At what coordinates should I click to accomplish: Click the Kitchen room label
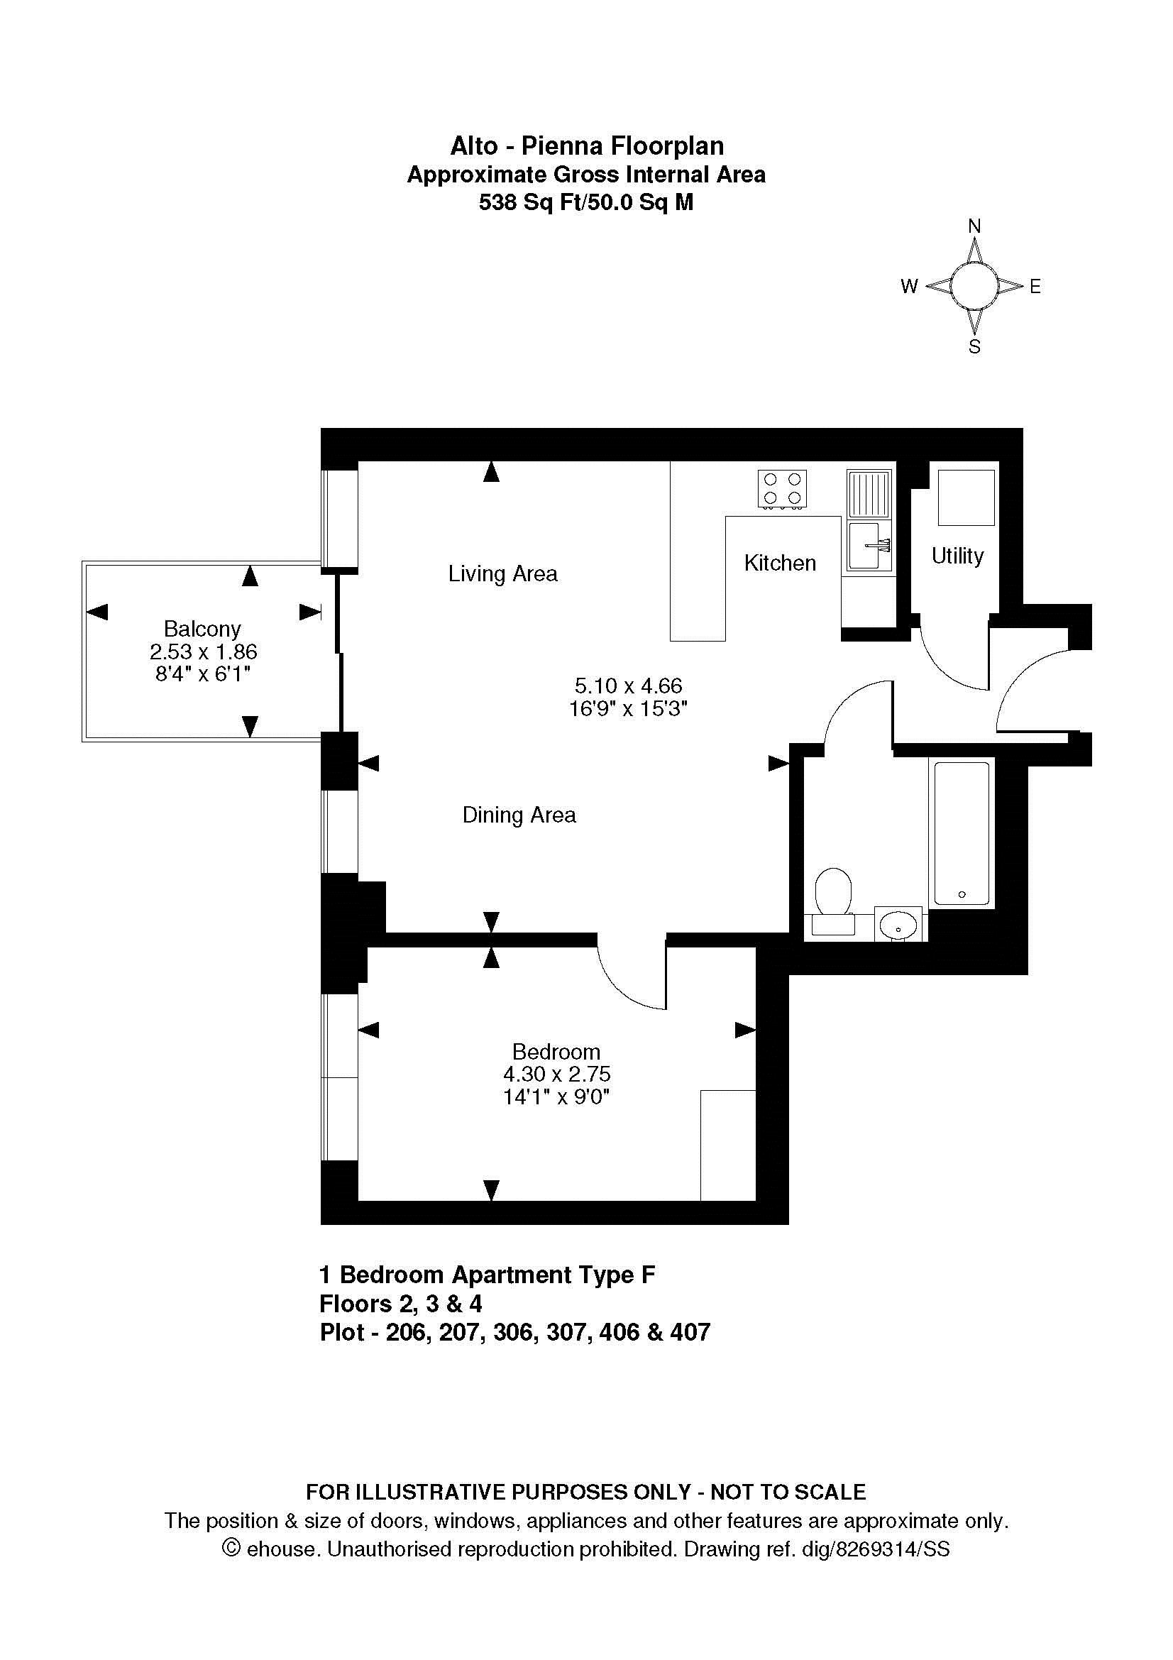[780, 563]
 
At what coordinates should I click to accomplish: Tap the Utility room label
[957, 556]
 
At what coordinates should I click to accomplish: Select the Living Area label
[503, 574]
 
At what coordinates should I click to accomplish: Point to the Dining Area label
[519, 815]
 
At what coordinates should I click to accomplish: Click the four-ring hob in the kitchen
[783, 489]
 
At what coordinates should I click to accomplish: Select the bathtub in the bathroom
[962, 832]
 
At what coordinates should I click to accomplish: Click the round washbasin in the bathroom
[898, 923]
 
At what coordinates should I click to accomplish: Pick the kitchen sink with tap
[869, 545]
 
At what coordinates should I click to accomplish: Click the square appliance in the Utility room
[966, 498]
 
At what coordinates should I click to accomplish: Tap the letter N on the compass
[974, 226]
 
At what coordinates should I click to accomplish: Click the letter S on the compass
[974, 347]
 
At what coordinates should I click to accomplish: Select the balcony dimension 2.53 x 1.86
[203, 652]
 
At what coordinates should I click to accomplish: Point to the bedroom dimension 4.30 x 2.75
[556, 1074]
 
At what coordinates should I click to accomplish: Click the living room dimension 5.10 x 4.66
[628, 685]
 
